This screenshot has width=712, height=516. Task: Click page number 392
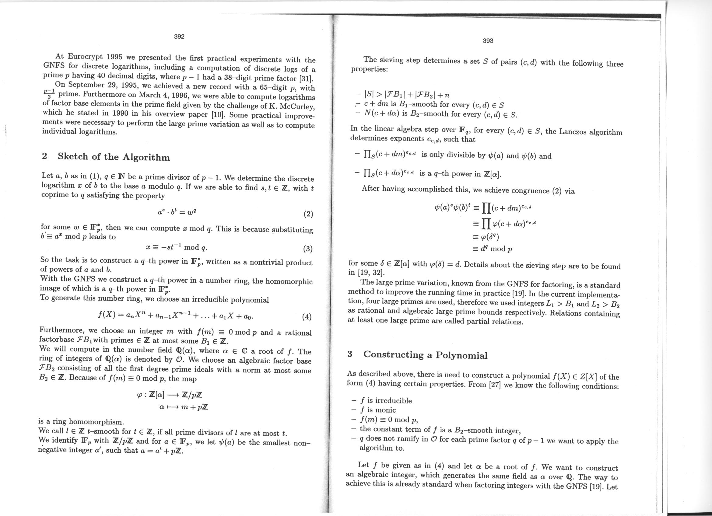[x=179, y=37]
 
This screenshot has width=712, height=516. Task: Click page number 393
[x=488, y=41]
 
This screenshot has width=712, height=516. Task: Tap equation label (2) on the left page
[x=308, y=214]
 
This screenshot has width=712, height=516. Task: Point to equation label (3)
[x=308, y=249]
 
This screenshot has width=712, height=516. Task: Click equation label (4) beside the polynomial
[x=307, y=317]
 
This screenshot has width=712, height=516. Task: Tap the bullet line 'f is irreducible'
[x=385, y=401]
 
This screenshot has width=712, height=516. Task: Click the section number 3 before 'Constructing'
[x=350, y=354]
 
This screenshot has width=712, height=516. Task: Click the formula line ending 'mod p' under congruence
[x=492, y=249]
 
